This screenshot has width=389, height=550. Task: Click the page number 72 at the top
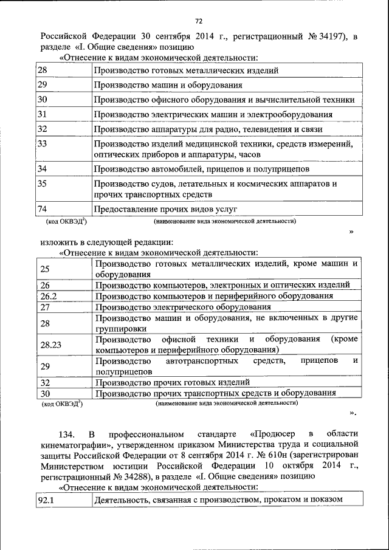click(x=198, y=21)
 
